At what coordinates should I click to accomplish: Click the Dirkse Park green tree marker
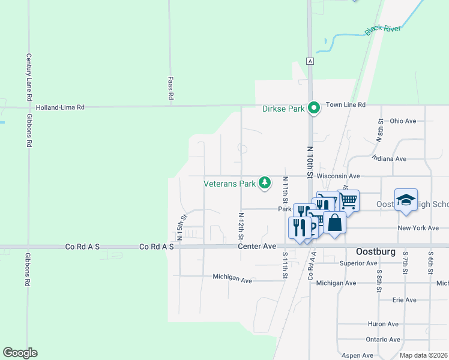coord(313,108)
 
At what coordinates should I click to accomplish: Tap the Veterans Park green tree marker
coord(264,183)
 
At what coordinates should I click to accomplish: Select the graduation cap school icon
coord(406,200)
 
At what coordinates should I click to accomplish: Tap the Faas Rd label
coord(171,88)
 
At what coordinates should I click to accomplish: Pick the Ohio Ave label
coord(403,121)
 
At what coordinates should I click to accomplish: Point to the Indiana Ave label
coord(389,158)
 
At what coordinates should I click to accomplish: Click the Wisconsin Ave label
coord(339,176)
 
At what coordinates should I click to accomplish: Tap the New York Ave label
coord(418,228)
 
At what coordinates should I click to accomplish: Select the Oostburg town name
coord(376,252)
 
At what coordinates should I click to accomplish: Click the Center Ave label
coord(256,246)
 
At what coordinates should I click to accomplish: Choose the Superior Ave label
coord(358,263)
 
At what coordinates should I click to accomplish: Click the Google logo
coord(20,353)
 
